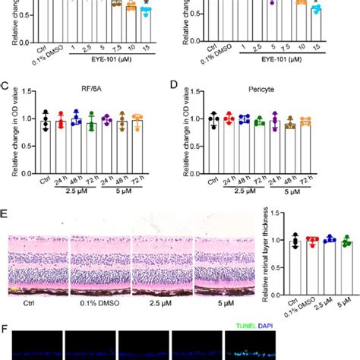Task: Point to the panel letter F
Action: tap(5, 331)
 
